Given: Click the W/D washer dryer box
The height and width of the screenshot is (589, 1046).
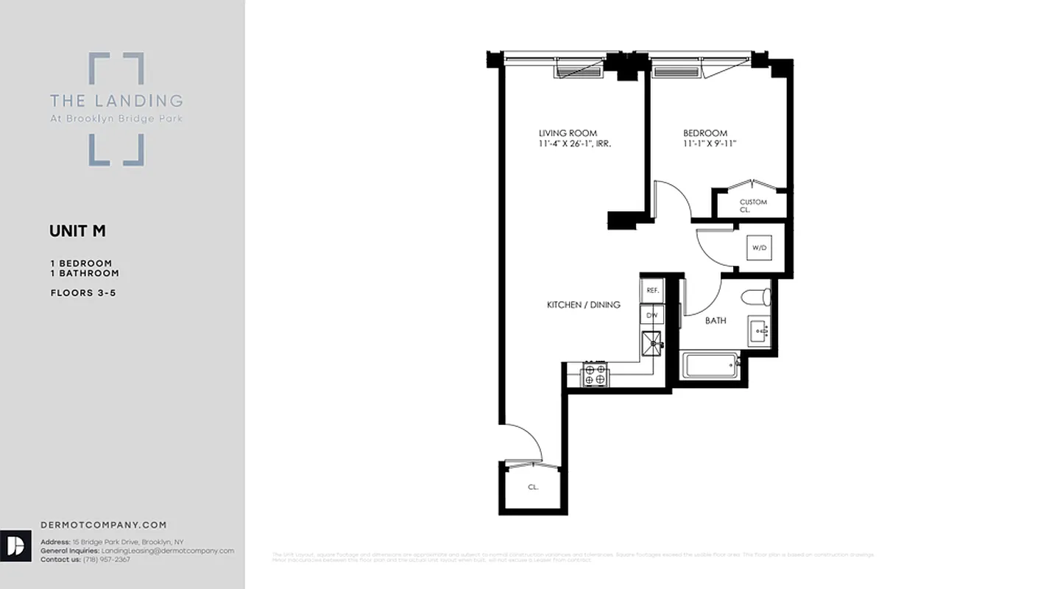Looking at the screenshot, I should pyautogui.click(x=759, y=248).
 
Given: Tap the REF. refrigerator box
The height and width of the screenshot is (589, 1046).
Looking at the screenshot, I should pyautogui.click(x=652, y=290).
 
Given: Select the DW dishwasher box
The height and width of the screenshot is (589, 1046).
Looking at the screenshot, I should pyautogui.click(x=651, y=315).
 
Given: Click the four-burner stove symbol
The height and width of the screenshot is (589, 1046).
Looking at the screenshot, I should pyautogui.click(x=595, y=374).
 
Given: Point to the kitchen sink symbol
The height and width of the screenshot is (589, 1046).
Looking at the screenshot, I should pyautogui.click(x=652, y=342).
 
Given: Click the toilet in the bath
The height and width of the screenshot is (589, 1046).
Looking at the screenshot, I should pyautogui.click(x=757, y=297).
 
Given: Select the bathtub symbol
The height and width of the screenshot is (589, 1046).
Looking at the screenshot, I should pyautogui.click(x=711, y=366).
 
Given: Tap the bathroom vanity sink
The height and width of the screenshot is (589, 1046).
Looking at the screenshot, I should pyautogui.click(x=758, y=331).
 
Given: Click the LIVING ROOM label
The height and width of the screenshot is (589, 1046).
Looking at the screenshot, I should pyautogui.click(x=568, y=133).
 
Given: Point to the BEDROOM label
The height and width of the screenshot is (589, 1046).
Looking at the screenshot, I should pyautogui.click(x=704, y=133).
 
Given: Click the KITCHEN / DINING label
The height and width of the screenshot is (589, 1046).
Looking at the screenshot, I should pyautogui.click(x=583, y=305).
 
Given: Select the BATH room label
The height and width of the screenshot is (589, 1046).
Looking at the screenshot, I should pyautogui.click(x=715, y=320).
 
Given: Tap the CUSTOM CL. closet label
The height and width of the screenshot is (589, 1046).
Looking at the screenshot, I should pyautogui.click(x=752, y=205).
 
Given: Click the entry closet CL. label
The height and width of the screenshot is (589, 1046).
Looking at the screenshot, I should pyautogui.click(x=533, y=487).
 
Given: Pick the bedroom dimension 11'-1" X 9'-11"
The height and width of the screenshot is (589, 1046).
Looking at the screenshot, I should pyautogui.click(x=710, y=144).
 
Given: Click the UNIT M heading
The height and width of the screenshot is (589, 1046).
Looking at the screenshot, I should pyautogui.click(x=77, y=231).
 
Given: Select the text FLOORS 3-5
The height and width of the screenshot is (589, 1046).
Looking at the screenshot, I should pyautogui.click(x=83, y=292).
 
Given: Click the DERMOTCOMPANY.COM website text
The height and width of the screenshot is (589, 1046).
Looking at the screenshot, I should pyautogui.click(x=104, y=525).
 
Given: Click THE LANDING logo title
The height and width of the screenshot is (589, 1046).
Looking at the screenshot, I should pyautogui.click(x=116, y=100).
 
